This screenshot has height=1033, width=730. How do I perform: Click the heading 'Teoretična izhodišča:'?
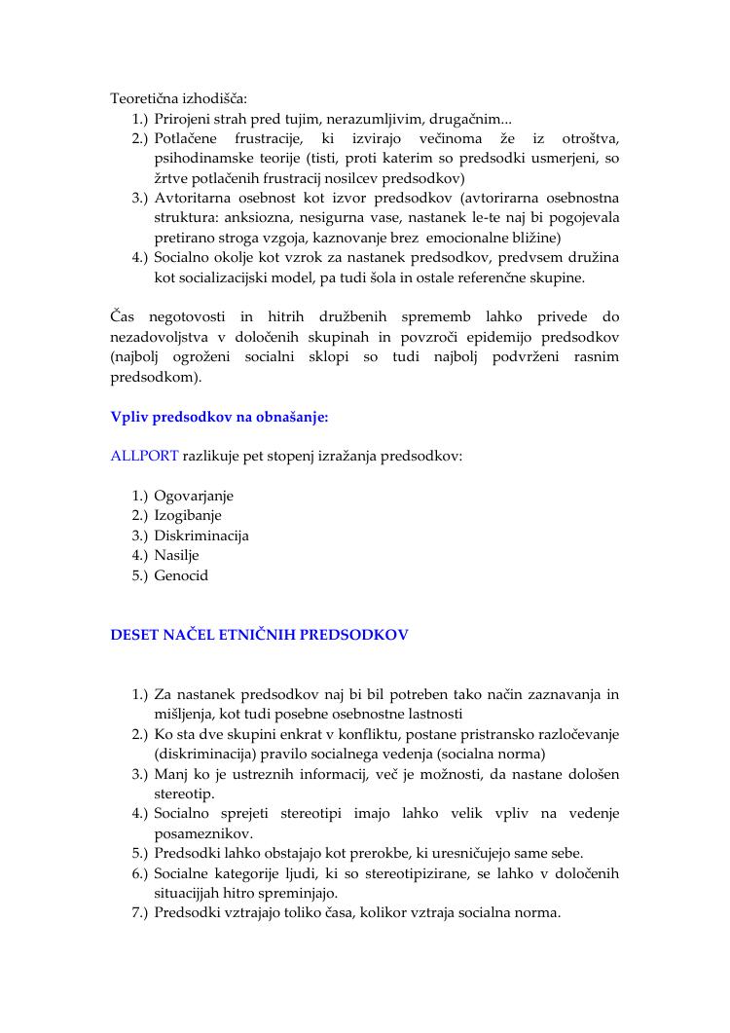pos(178,98)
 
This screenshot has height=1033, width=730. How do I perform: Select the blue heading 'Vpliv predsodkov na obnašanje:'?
pos(219,417)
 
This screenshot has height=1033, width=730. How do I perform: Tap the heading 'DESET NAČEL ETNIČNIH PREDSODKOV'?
pos(259,635)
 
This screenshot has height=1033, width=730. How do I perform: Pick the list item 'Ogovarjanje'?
pos(194,496)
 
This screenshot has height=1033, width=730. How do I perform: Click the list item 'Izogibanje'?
pos(188,516)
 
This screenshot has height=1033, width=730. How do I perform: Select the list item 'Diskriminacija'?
pos(201,535)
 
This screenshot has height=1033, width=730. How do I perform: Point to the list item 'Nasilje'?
pos(176,556)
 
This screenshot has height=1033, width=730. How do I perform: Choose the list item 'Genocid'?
pos(181,575)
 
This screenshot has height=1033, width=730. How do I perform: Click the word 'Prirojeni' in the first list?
pos(182,119)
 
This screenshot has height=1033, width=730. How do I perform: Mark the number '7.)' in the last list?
pos(140,913)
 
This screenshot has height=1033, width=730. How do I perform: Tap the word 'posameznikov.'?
pos(200,833)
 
